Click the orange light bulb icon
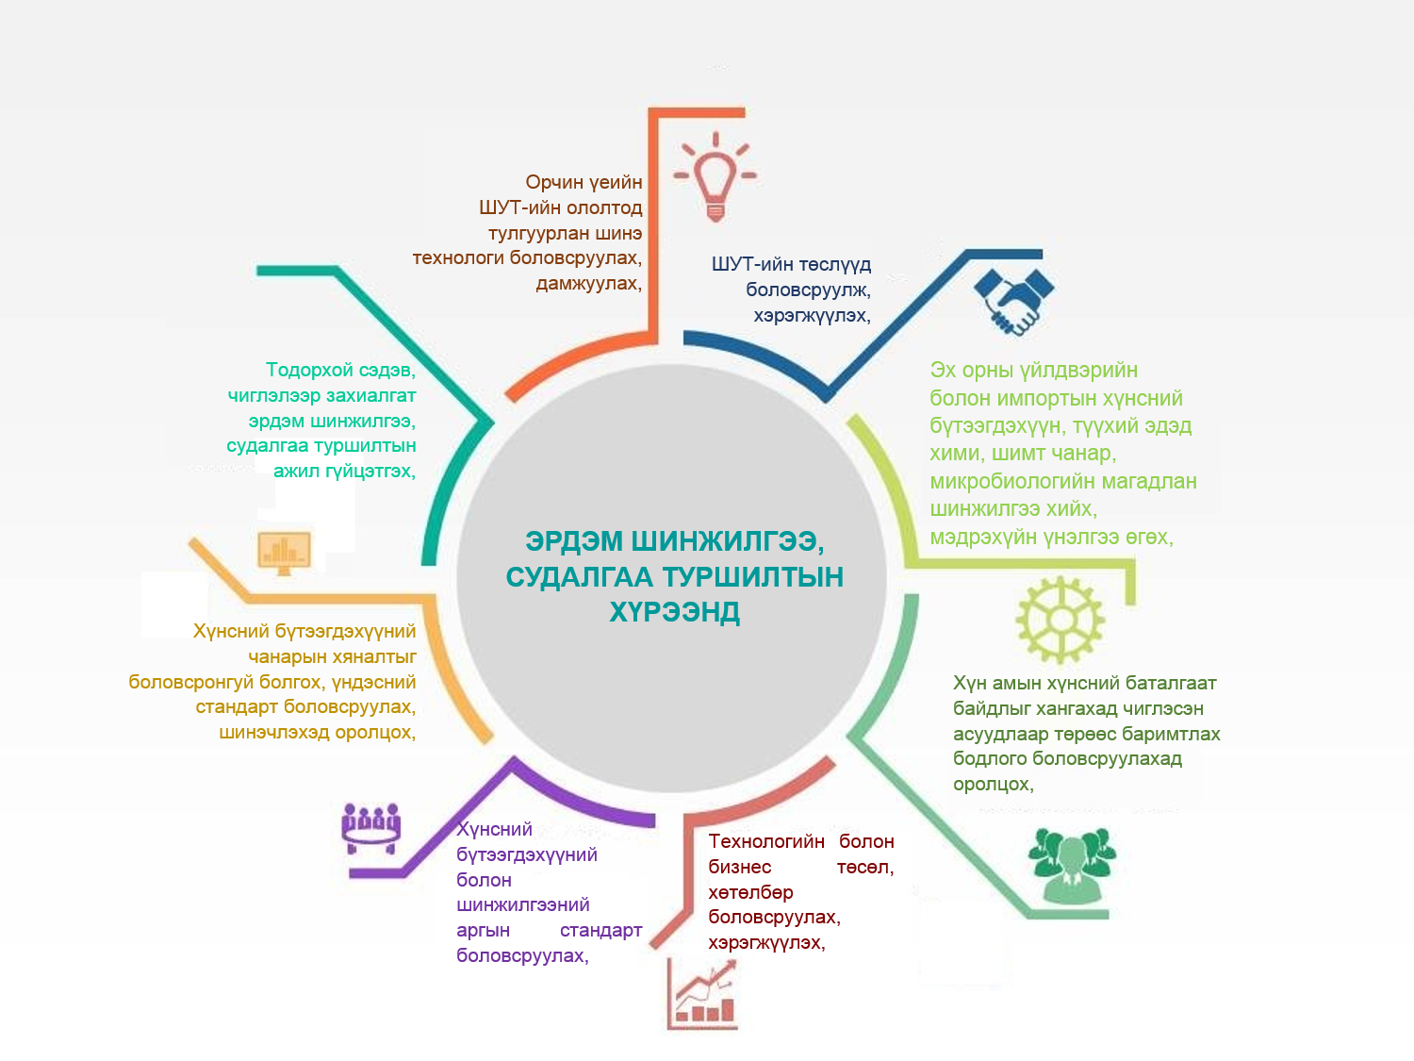(715, 176)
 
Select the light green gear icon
(1060, 620)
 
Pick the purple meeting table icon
(370, 828)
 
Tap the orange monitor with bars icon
(284, 552)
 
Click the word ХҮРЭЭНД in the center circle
(674, 612)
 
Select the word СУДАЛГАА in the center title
(578, 577)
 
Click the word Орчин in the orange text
(554, 182)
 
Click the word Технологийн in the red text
(766, 841)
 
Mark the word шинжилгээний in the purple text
(522, 905)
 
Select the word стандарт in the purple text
(600, 931)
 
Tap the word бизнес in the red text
(739, 867)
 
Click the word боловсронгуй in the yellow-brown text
(191, 682)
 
